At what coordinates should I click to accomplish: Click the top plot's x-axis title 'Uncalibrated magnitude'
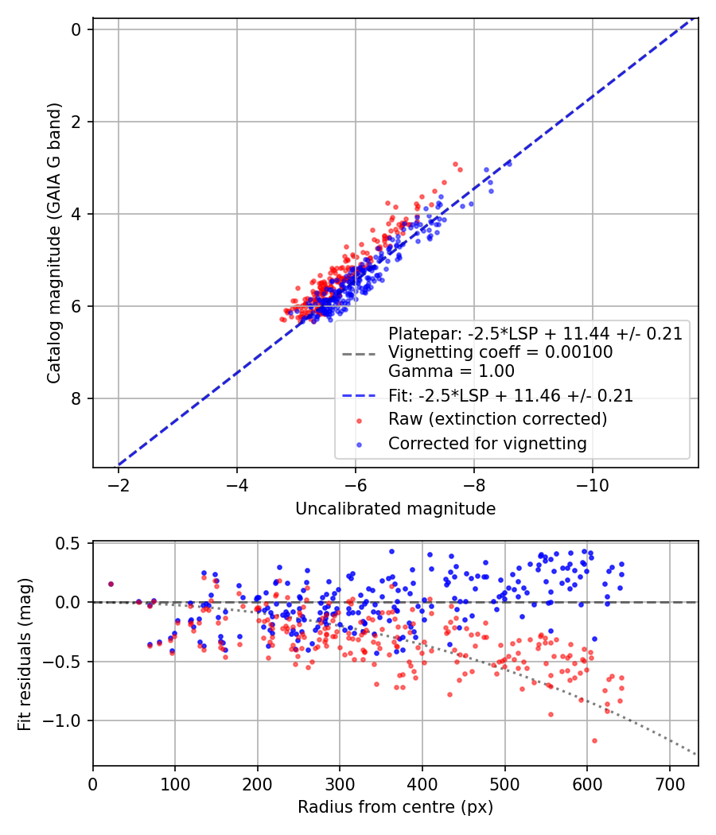coord(395,509)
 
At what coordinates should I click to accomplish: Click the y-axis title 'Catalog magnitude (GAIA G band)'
coord(53,242)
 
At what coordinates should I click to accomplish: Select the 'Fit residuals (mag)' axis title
coord(25,653)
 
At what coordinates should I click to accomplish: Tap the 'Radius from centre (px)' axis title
coord(395,807)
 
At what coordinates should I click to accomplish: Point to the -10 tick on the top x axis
coord(592,484)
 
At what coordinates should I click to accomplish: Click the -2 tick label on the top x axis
coord(119,484)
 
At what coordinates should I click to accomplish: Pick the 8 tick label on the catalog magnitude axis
coord(76,398)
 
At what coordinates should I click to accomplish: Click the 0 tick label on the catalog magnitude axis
coord(76,29)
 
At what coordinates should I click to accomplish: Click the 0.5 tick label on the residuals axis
coord(70,543)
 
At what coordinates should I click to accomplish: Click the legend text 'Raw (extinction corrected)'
coord(497,419)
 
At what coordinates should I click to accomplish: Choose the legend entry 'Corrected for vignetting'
coord(487,444)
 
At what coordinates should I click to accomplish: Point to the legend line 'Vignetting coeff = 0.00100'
coord(500,352)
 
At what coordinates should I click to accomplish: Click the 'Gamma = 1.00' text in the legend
coord(451,371)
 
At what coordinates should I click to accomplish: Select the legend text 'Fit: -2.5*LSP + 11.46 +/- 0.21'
coord(511,395)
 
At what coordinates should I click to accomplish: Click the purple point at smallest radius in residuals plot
coord(111,584)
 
